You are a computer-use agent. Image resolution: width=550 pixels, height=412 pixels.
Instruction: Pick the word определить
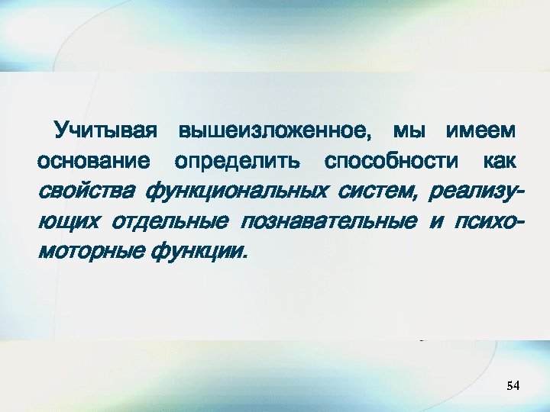click(x=237, y=163)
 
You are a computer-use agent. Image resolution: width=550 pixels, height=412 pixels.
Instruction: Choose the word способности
click(x=392, y=162)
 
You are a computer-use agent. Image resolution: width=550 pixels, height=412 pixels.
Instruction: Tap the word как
click(x=501, y=162)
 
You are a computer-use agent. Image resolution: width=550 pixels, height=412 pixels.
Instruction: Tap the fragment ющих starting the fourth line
click(x=68, y=221)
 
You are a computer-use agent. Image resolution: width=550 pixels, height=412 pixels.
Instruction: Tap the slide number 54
click(x=513, y=387)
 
